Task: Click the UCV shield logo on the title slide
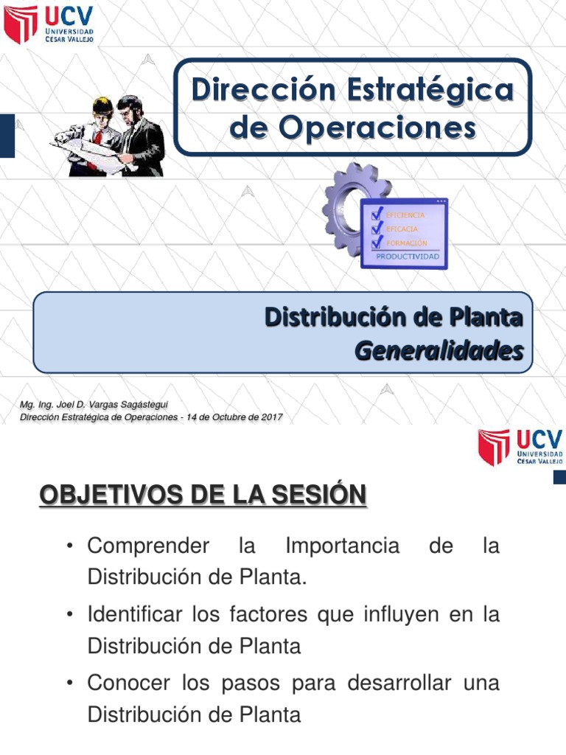click(x=21, y=24)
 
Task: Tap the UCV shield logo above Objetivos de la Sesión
click(x=494, y=447)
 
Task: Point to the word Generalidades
click(x=439, y=351)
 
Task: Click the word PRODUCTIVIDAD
click(x=408, y=257)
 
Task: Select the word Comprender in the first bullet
click(x=148, y=546)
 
